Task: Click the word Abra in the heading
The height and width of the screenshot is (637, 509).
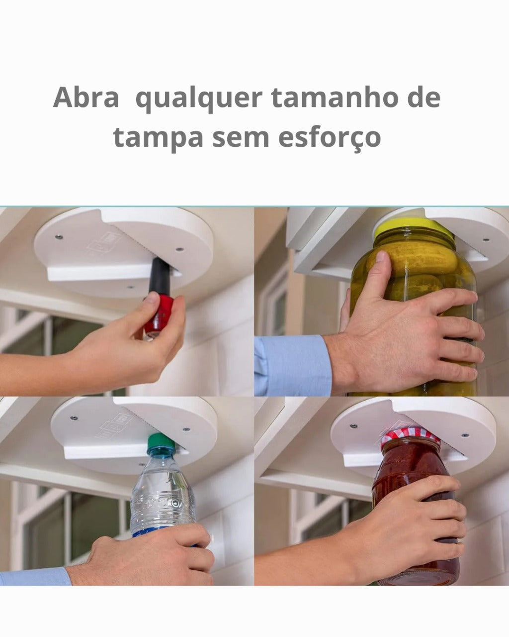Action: [x=85, y=98]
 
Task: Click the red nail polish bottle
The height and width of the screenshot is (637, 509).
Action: [x=159, y=315]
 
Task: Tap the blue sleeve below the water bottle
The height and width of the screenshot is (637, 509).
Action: [x=35, y=577]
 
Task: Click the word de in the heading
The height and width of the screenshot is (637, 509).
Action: [x=424, y=98]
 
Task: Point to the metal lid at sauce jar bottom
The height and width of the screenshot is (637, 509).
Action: [x=423, y=578]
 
